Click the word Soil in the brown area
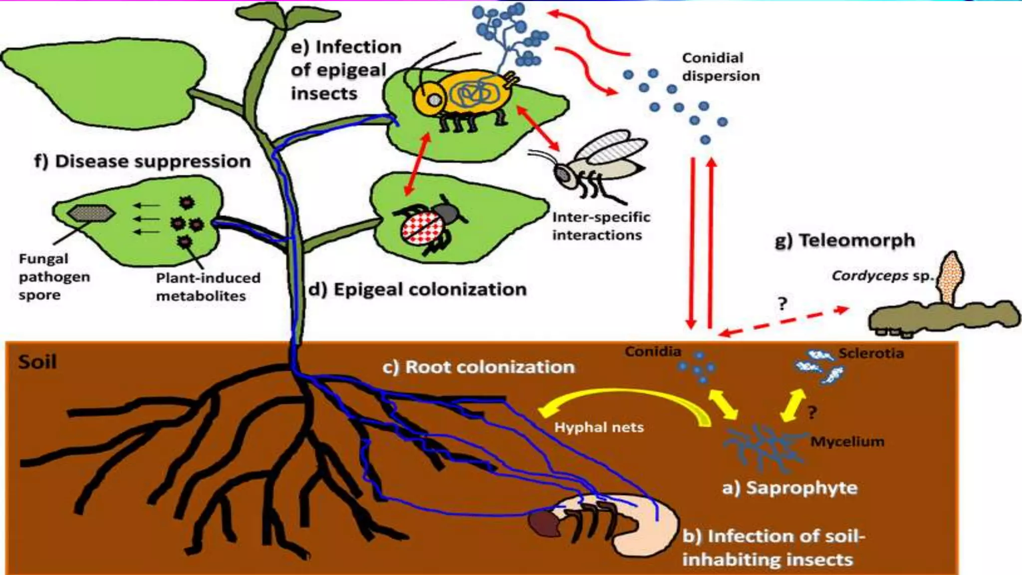[x=37, y=361]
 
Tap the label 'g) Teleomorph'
[x=844, y=241]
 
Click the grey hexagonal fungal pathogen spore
[x=91, y=214]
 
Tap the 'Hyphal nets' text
[x=599, y=427]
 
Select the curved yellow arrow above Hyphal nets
[x=624, y=399]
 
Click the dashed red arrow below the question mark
[x=783, y=321]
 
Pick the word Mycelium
[x=847, y=441]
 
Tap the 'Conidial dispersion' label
[x=720, y=67]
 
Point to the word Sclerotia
[x=871, y=353]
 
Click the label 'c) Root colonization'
[x=478, y=367]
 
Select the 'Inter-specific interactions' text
[x=601, y=226]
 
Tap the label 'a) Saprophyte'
[x=789, y=488]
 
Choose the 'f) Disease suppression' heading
[x=142, y=161]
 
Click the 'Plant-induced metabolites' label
[x=208, y=287]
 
